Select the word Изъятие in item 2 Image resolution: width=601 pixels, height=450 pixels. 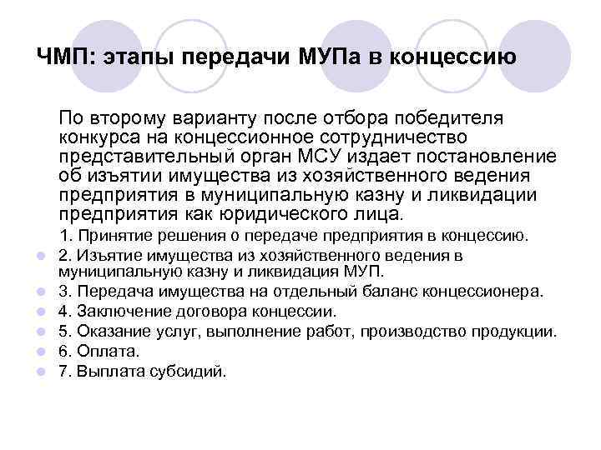(107, 255)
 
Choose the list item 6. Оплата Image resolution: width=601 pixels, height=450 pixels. (98, 352)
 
